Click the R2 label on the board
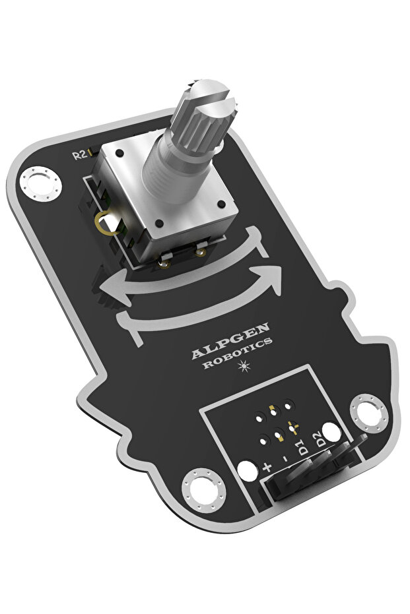pyautogui.click(x=80, y=155)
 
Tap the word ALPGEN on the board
pyautogui.click(x=230, y=340)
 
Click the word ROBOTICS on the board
pyautogui.click(x=238, y=353)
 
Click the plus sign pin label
pyautogui.click(x=267, y=467)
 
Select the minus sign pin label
pyautogui.click(x=285, y=458)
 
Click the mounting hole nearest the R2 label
pyautogui.click(x=41, y=185)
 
